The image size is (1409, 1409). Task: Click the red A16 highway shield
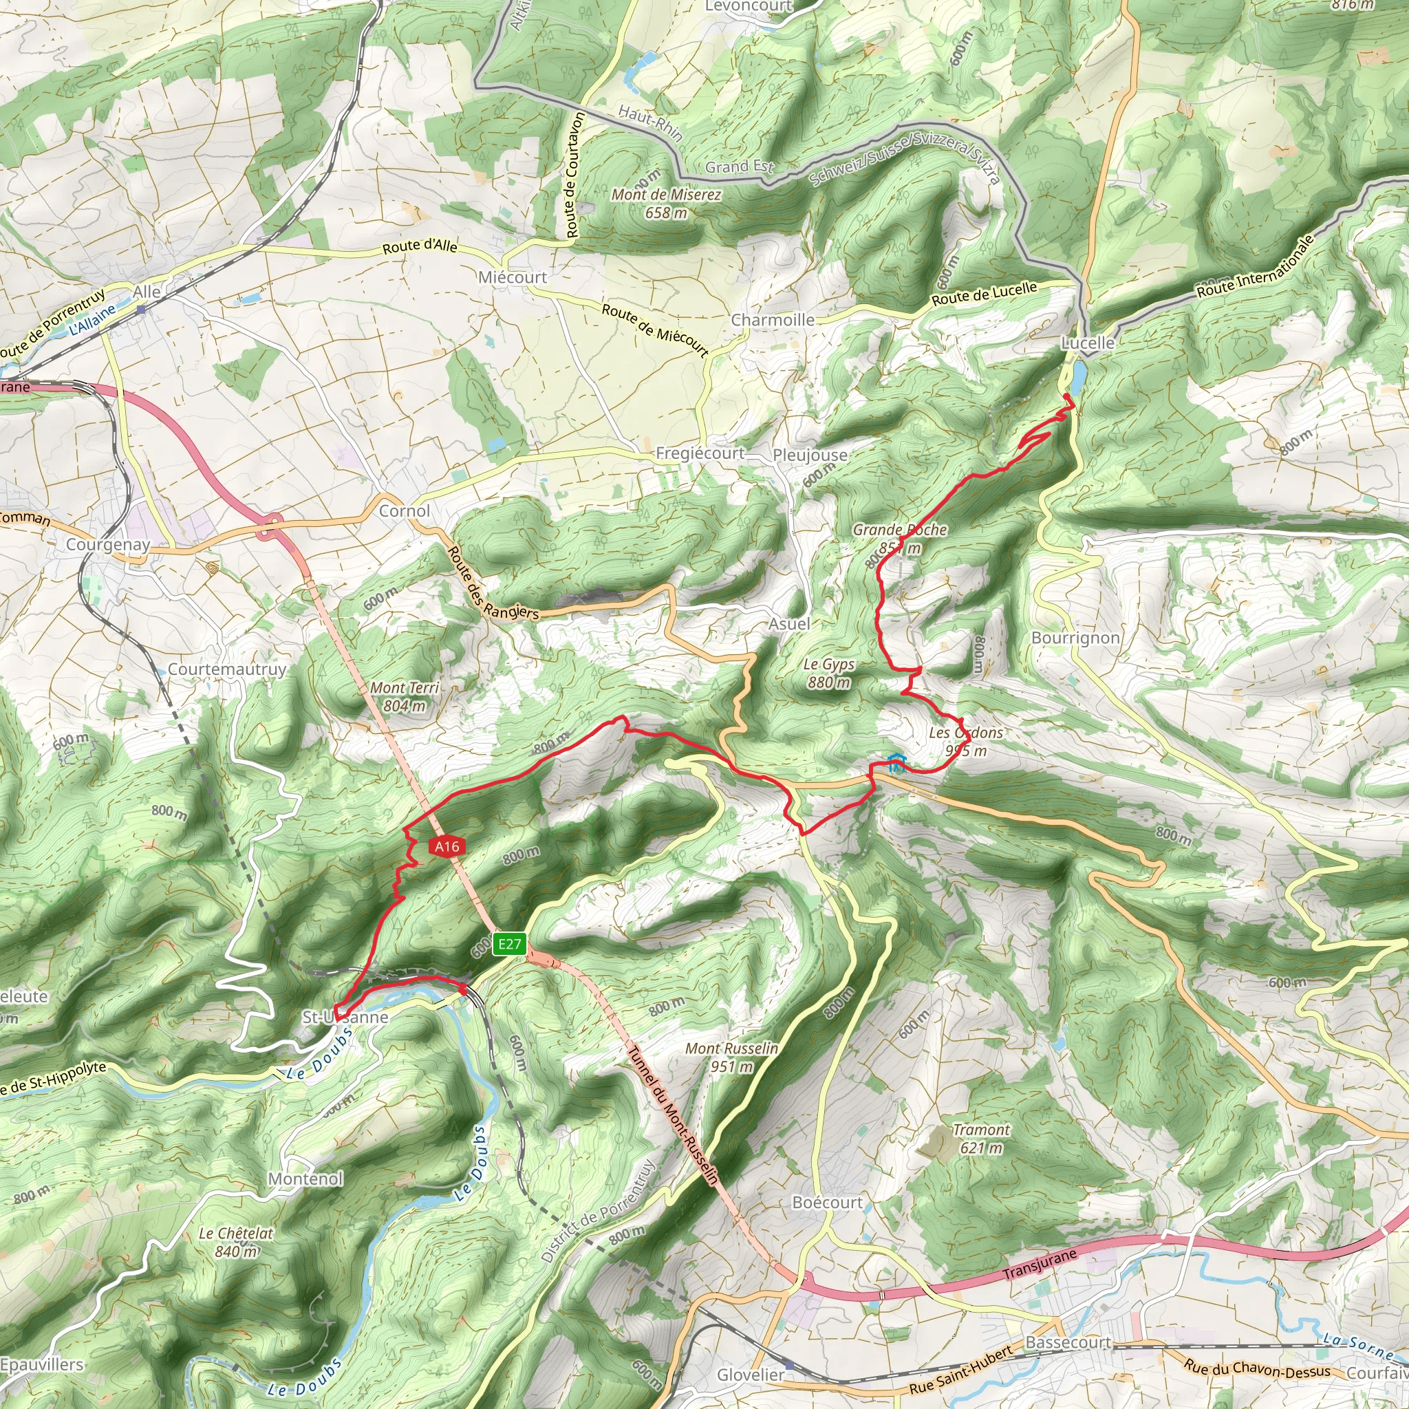click(447, 846)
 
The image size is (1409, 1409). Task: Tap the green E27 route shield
click(510, 944)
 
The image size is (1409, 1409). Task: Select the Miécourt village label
click(513, 277)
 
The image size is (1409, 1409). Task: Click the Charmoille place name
click(773, 320)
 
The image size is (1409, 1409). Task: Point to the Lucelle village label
click(1088, 343)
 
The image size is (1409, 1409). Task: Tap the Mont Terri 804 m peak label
click(405, 696)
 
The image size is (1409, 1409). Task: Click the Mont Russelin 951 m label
click(731, 1057)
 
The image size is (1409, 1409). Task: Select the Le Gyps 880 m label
click(828, 673)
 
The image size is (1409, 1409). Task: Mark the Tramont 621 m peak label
click(981, 1139)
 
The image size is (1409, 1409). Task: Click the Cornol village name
click(404, 511)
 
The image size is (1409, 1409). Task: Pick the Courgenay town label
click(108, 545)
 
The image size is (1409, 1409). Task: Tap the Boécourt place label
click(827, 1202)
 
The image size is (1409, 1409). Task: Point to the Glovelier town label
click(751, 1375)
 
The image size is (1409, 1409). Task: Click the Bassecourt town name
click(1068, 1343)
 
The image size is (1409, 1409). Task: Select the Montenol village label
click(305, 1179)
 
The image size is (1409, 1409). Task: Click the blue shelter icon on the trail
click(897, 762)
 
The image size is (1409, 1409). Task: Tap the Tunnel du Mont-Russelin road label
click(673, 1116)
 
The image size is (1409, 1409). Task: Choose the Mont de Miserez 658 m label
click(666, 204)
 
